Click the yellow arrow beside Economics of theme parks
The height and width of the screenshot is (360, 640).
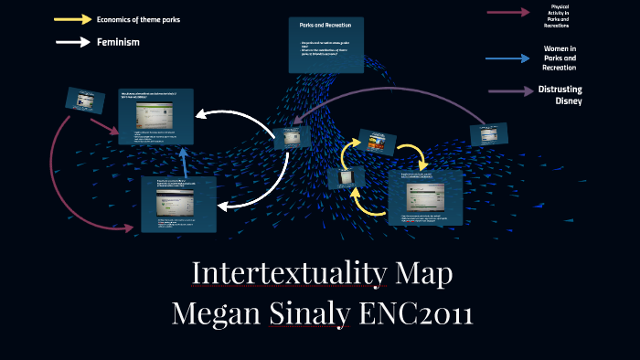[x=73, y=18]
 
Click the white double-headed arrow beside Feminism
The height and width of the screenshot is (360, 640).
[x=73, y=42]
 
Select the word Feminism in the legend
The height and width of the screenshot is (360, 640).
[x=118, y=42]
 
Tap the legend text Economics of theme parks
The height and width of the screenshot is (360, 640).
[x=138, y=18]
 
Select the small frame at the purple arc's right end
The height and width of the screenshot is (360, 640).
[x=487, y=133]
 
